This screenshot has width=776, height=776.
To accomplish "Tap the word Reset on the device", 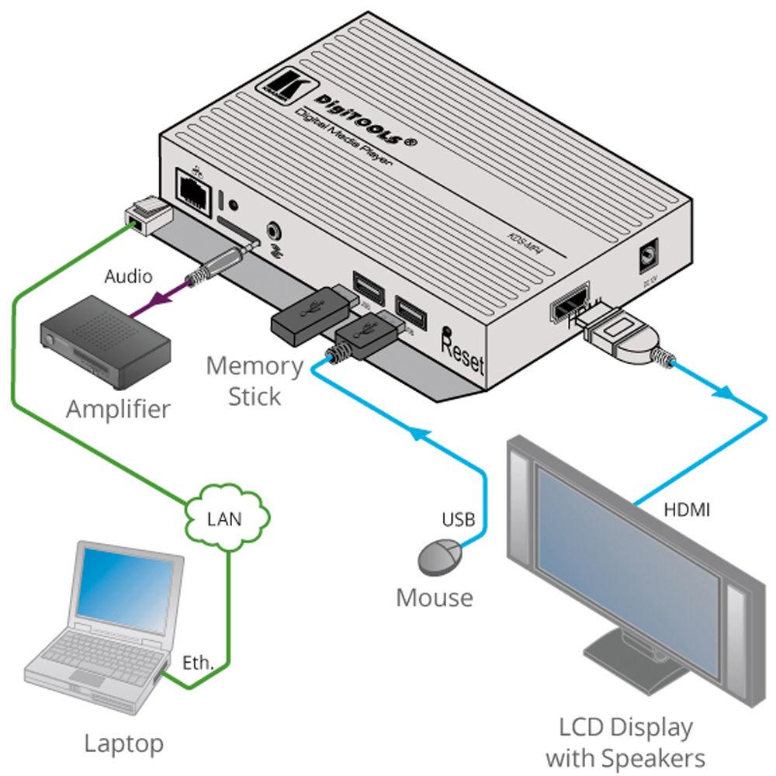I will tap(462, 351).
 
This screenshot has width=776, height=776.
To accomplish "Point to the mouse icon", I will tap(439, 556).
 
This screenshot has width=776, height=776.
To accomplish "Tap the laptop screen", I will tap(127, 594).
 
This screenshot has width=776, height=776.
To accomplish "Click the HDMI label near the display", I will tap(688, 511).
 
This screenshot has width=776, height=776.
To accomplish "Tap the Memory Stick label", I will tap(254, 380).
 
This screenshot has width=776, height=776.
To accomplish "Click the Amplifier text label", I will tap(118, 409).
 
